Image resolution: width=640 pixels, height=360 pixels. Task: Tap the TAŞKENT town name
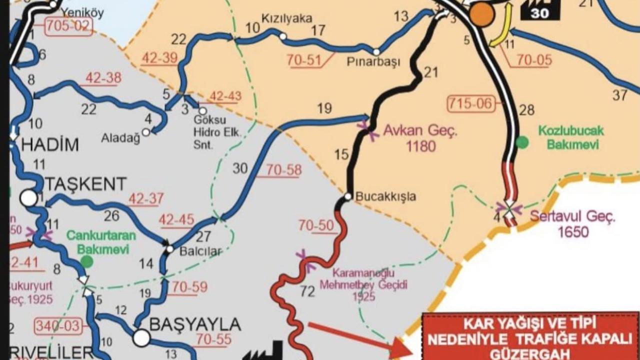tap(86, 184)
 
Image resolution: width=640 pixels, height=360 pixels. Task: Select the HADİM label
tap(50, 145)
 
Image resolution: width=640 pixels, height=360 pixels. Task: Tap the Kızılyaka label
tap(280, 18)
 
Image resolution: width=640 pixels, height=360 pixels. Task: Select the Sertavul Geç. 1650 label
tap(573, 224)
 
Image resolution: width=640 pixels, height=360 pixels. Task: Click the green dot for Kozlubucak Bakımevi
tap(522, 142)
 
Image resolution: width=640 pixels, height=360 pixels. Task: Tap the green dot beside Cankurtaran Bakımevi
tap(87, 261)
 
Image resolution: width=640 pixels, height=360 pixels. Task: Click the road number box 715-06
tap(472, 104)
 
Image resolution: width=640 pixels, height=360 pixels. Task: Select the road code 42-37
tap(146, 199)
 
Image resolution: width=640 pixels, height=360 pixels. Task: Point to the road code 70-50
tap(316, 225)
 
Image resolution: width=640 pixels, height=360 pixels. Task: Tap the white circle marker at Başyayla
tap(141, 338)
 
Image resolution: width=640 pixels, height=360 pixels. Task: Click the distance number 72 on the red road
tap(307, 291)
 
